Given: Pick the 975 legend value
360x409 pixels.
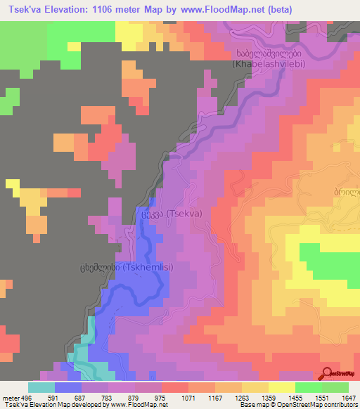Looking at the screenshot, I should (x=161, y=397).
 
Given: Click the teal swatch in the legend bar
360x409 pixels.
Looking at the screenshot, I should (x=41, y=387).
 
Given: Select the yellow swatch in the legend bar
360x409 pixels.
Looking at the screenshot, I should (x=281, y=387).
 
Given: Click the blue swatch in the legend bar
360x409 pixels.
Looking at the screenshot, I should (x=67, y=387).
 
